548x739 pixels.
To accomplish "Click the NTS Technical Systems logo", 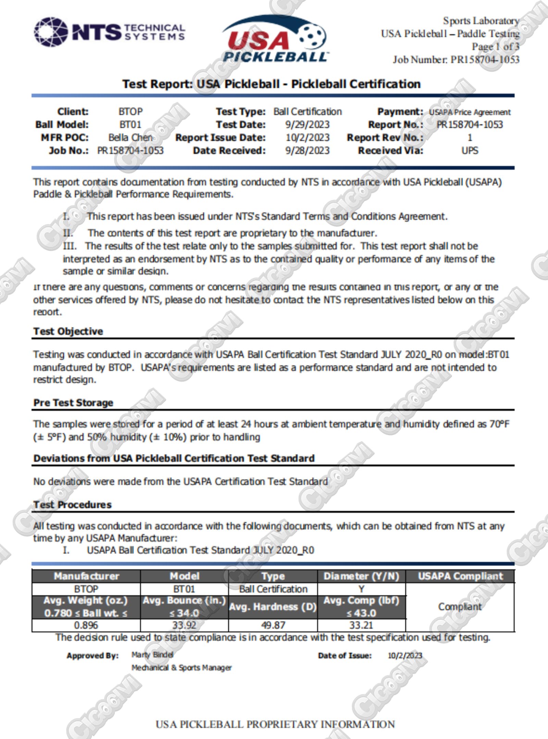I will coord(109,32).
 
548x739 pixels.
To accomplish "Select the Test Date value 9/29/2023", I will coord(307,125).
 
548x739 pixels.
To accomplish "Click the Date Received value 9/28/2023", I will coord(307,151).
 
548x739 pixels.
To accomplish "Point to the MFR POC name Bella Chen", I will coord(130,138).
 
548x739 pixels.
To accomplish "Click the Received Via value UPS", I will coord(470,151).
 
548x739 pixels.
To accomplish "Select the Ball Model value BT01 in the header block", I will coord(130,125).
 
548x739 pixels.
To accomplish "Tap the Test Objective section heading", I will coord(68,331).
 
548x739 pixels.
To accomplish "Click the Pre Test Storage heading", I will coord(73,403).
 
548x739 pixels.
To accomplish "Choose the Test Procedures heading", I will coord(72,505).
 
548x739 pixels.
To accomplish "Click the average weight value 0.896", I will coord(86,625).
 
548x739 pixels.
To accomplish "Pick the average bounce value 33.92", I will coord(184,625).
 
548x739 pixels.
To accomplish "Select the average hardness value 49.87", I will coord(273,625).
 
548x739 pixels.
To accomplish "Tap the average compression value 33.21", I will coord(361,625).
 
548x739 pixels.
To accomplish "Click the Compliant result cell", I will coord(460,607).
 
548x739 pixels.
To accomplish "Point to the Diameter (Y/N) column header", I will coord(361,576).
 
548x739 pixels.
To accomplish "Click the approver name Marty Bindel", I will coord(152,655).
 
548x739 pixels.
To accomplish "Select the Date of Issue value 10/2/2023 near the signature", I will coord(405,655).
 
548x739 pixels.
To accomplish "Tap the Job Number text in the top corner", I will coord(456,60).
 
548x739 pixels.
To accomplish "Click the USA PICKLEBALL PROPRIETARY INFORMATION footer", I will coord(275,724).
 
